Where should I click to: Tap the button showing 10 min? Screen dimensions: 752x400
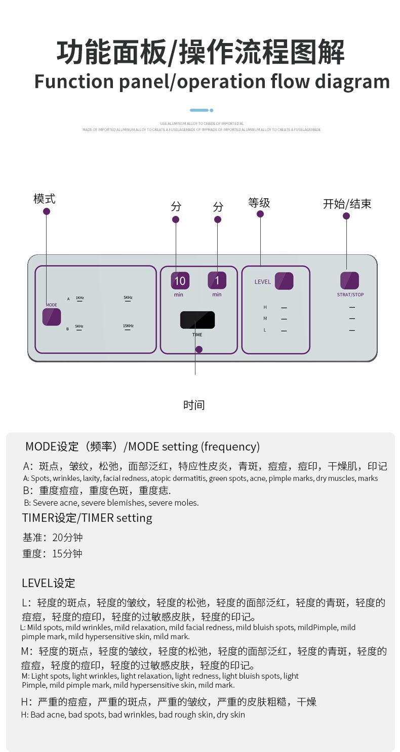pos(180,280)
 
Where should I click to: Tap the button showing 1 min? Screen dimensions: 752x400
pos(217,280)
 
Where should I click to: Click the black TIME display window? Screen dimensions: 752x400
pos(197,320)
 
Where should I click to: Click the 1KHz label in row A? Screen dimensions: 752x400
pos(79,298)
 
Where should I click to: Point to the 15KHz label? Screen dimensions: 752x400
pos(128,326)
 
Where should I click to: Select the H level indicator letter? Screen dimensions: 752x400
pos(265,307)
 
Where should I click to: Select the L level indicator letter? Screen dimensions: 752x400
pos(265,330)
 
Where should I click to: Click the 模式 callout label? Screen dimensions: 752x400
pos(45,199)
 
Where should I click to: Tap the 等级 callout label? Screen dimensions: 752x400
pos(259,203)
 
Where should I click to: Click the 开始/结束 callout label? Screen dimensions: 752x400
pos(347,204)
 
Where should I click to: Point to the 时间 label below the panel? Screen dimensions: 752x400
pos(194,405)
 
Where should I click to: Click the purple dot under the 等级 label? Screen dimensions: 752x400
pos(260,214)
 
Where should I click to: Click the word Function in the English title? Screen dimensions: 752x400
pos(74,81)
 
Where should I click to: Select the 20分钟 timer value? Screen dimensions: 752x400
pos(67,537)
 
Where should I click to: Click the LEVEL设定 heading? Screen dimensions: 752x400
pos(48,583)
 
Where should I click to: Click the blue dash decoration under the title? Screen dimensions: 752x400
pos(199,110)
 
